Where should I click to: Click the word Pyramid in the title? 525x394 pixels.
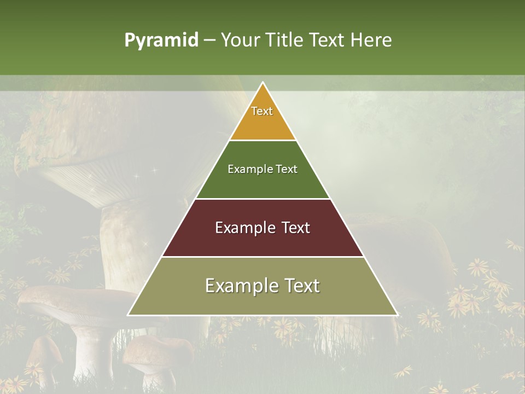[161, 40]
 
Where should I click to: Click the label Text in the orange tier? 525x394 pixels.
[262, 111]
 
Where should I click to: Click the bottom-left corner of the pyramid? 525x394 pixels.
[129, 315]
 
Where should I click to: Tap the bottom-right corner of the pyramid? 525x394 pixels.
[397, 315]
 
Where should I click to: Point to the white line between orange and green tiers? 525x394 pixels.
[262, 140]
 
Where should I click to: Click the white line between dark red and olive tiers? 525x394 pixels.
[262, 257]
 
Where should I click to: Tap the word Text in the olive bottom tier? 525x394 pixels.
[301, 286]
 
